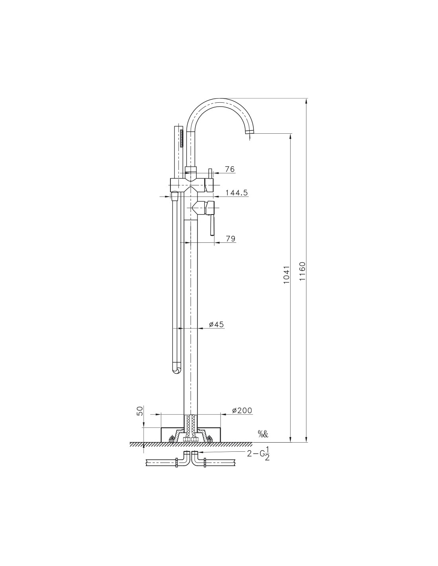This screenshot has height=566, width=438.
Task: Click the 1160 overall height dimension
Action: [x=302, y=271]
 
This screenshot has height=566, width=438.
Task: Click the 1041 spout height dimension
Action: [x=286, y=275]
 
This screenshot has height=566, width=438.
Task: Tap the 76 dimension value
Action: [x=230, y=169]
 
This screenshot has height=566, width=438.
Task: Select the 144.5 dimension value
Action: [x=237, y=193]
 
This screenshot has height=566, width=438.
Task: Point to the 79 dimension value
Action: [x=230, y=238]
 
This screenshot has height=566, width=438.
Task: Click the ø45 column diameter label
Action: [x=216, y=324]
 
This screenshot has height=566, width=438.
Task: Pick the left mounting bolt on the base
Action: [x=172, y=439]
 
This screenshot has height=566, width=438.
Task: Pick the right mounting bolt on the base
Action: [x=209, y=439]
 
